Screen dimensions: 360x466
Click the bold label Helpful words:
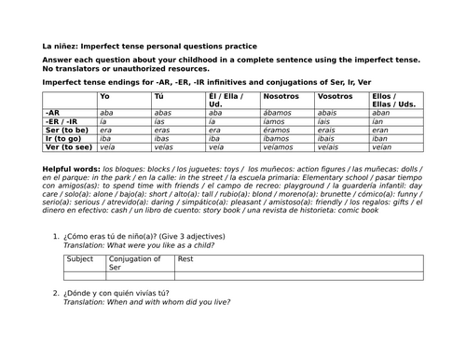tap(71, 168)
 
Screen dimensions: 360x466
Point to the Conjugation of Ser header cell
tap(135, 263)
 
